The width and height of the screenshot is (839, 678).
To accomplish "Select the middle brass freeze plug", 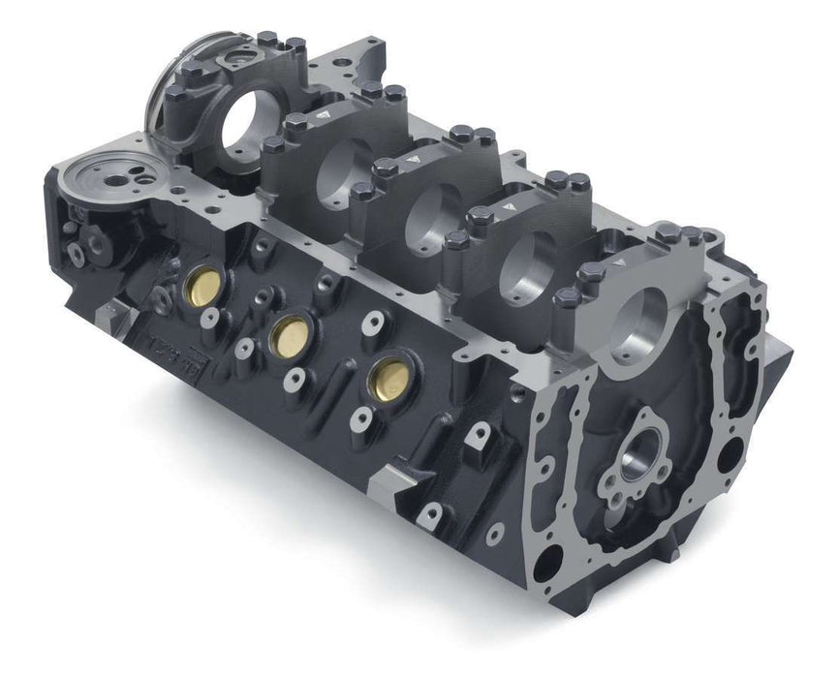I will [x=288, y=334].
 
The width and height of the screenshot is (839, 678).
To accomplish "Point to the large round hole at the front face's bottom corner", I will [x=548, y=560].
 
